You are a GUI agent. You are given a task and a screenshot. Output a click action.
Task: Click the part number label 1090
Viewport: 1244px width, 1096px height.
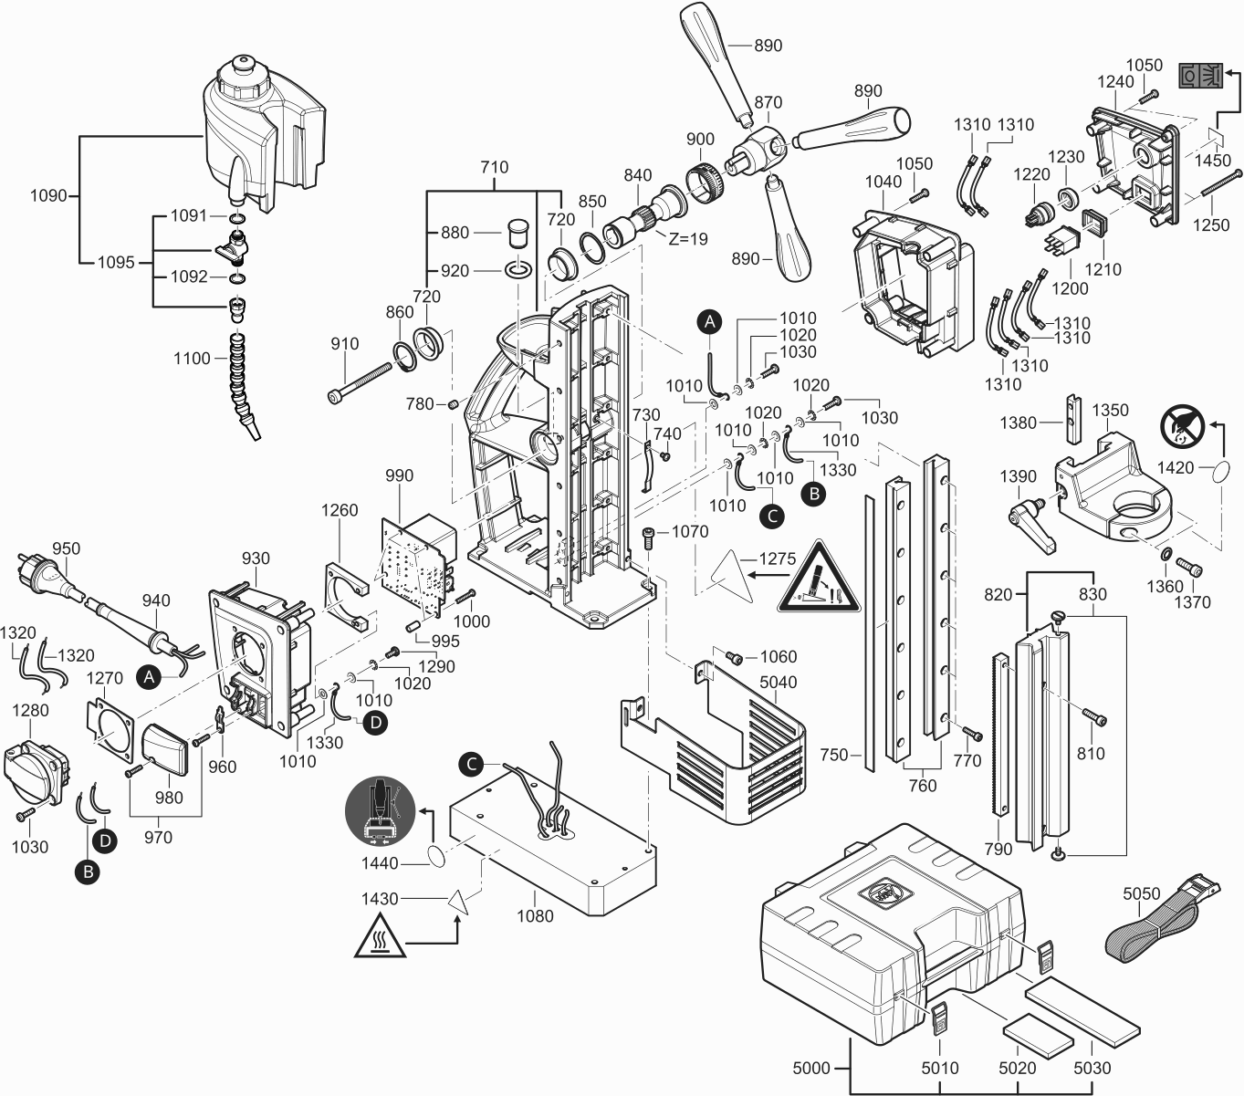[x=48, y=196]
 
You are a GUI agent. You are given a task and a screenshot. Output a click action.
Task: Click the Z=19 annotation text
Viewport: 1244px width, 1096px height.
[x=688, y=239]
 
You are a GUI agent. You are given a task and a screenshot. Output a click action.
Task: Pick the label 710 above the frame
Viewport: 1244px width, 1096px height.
[x=495, y=167]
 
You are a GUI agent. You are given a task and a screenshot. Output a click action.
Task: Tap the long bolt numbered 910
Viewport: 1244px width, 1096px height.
[x=361, y=382]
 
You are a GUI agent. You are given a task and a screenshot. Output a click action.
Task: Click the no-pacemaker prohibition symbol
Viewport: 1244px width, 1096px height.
[x=1182, y=426]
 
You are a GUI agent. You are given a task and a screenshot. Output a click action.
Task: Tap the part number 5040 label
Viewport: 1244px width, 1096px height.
[x=778, y=683]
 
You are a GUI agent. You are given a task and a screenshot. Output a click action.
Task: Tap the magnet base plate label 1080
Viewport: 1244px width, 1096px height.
[x=535, y=916]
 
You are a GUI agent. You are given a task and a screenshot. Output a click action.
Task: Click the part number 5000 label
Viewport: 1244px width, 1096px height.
[x=811, y=1069]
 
